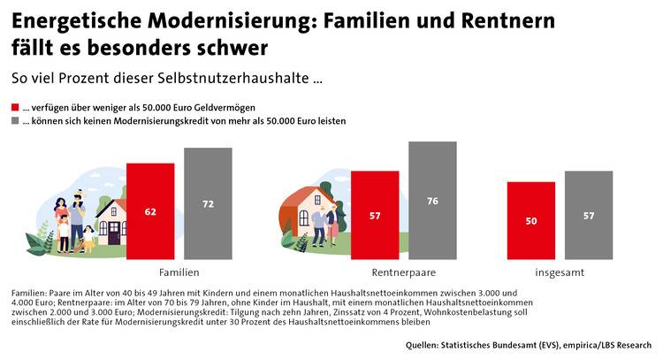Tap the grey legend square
click(15, 121)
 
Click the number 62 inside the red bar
click(150, 212)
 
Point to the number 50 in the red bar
click(531, 220)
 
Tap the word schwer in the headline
click(232, 44)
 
